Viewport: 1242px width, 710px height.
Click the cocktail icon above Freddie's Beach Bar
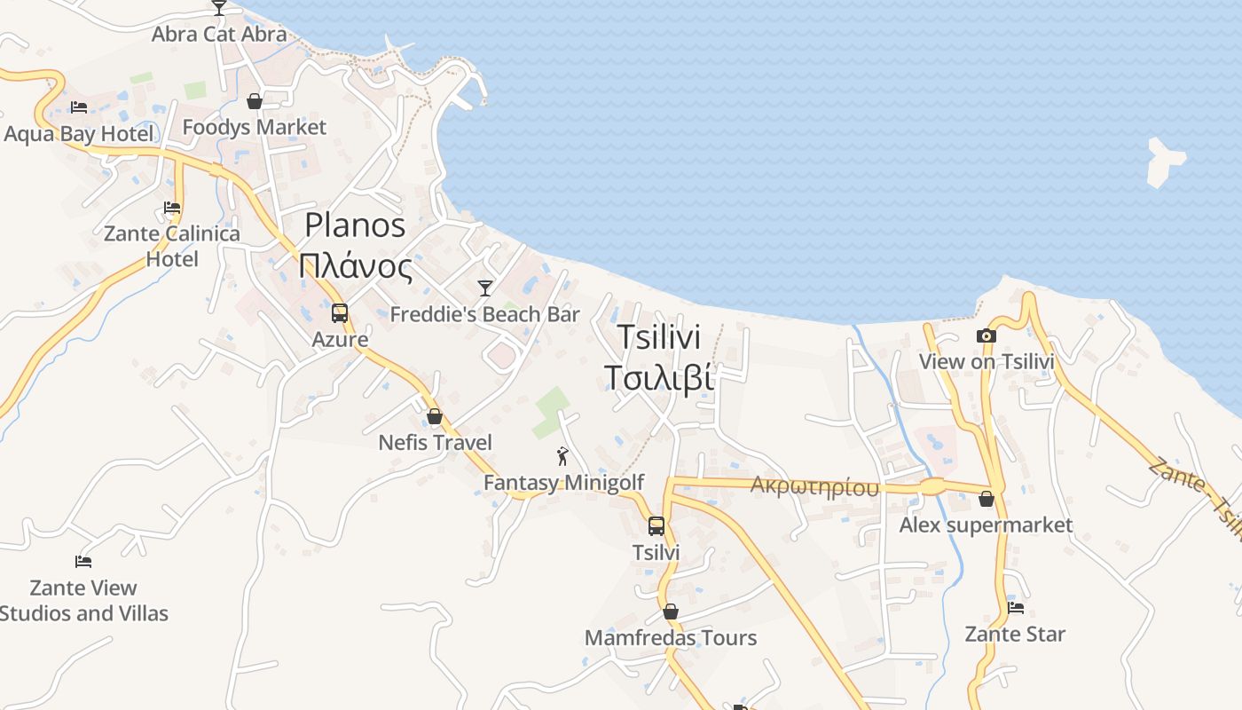click(484, 288)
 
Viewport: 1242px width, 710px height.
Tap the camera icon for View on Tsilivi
click(986, 335)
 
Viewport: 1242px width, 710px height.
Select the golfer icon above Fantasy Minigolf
click(562, 456)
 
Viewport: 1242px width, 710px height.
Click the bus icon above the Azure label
click(340, 312)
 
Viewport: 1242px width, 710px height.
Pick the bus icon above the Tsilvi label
click(656, 525)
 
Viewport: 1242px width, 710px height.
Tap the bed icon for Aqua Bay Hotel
click(79, 107)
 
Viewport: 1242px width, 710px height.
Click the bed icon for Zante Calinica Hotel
click(172, 208)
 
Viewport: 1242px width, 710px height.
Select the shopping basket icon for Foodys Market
click(255, 101)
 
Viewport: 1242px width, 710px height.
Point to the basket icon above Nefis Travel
click(435, 416)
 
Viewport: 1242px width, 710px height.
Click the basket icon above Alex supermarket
click(986, 499)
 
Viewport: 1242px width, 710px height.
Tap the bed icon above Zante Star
click(1016, 608)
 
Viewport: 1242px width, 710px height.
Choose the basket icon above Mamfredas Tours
click(671, 611)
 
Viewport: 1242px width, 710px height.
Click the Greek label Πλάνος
click(357, 265)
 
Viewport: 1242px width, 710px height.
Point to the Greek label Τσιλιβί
click(658, 377)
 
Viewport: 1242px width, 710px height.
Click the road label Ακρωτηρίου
click(814, 486)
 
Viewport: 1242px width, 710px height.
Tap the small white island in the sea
click(1164, 161)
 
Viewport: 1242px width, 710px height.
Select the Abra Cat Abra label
click(219, 35)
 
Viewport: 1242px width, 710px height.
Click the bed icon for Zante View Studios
click(83, 561)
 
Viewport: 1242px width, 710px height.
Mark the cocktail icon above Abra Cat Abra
click(219, 8)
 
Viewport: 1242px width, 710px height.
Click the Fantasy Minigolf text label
click(563, 483)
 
